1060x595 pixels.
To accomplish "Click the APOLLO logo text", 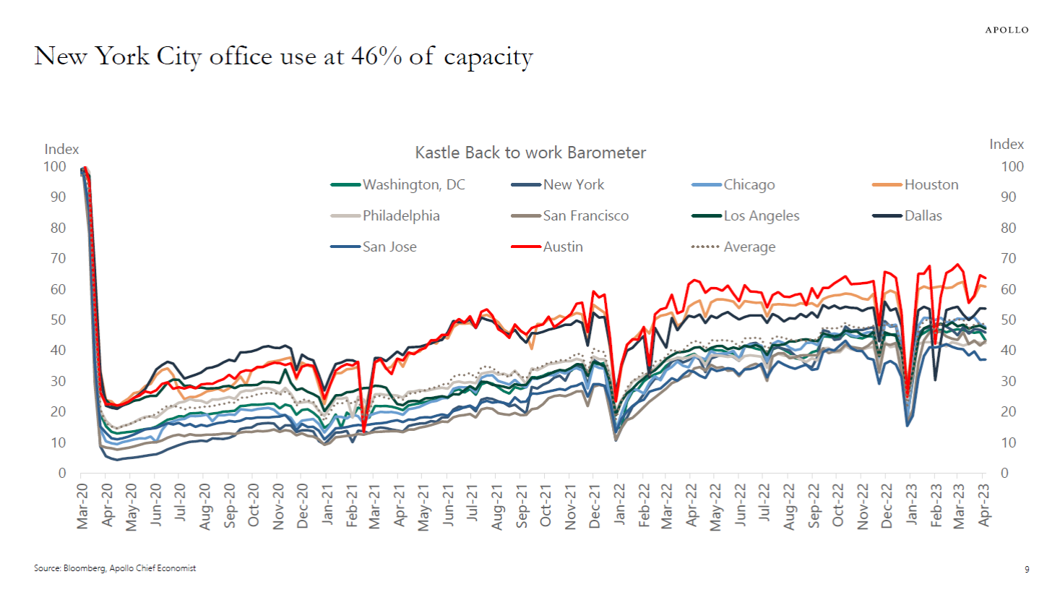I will pos(1007,30).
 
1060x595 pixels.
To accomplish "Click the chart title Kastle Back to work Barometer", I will pos(530,153).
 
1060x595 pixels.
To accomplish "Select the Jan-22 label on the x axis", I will pos(619,506).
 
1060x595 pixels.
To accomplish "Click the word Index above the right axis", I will pos(1006,145).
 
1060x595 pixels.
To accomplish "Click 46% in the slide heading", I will pos(376,56).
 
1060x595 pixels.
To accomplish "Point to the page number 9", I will pos(1027,570).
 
